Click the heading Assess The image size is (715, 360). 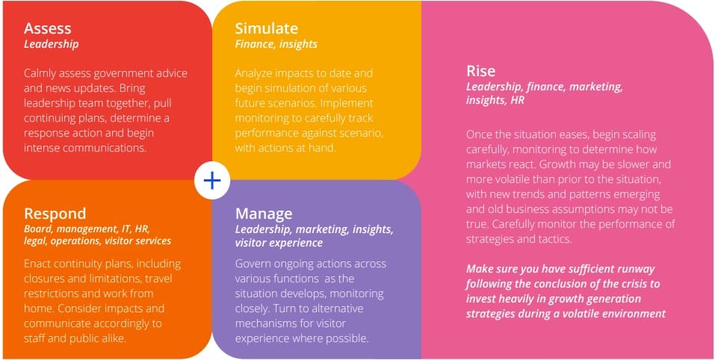tap(47, 28)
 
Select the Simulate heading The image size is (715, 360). tap(266, 28)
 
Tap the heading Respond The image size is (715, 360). tap(55, 214)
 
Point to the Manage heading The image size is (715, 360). tap(264, 214)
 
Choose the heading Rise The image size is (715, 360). tap(480, 71)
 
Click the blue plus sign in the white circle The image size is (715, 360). tap(212, 181)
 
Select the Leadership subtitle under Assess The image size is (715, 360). tap(51, 44)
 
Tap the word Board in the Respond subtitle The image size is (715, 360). tap(38, 229)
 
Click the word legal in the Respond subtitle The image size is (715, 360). tap(36, 241)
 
